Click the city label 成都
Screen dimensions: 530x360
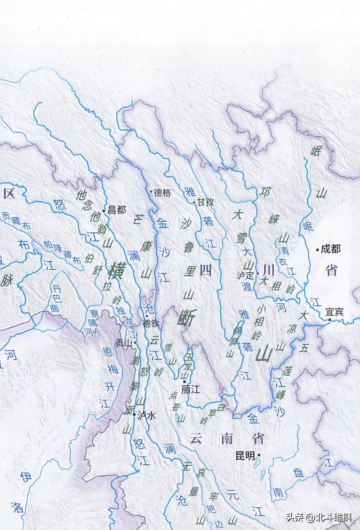[331, 249]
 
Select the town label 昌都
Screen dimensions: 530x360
[117, 210]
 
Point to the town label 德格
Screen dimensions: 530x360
[162, 193]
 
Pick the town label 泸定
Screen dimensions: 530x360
[245, 275]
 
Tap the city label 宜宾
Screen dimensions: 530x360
[335, 312]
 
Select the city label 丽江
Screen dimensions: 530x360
[190, 389]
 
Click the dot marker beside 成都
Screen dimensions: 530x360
[317, 249]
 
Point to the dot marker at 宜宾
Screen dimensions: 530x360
[329, 320]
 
